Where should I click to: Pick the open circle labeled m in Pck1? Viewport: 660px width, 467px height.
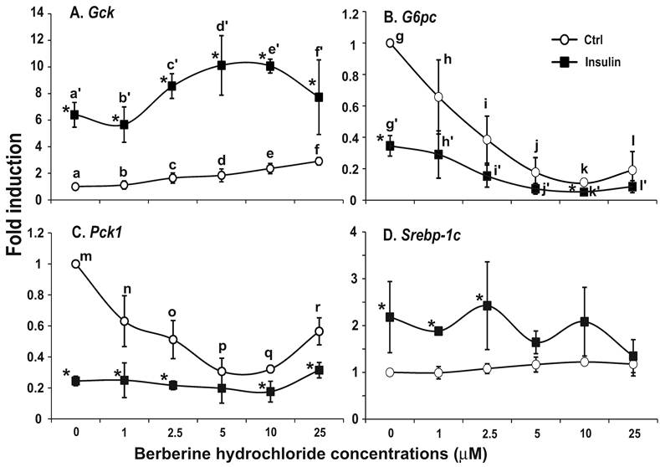tap(75, 264)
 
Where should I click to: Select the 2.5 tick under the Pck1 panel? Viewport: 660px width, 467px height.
tap(172, 433)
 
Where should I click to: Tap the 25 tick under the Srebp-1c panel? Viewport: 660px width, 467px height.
tap(632, 433)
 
